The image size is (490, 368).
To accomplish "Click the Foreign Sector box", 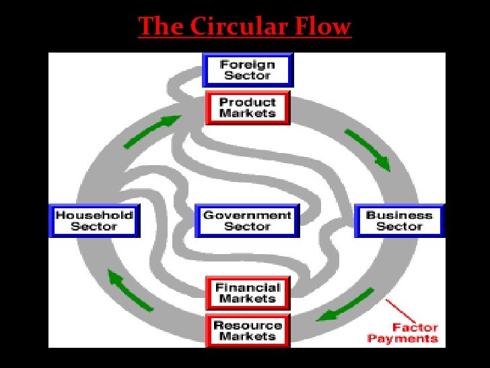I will click(247, 70).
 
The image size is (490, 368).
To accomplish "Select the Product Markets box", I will click(247, 108).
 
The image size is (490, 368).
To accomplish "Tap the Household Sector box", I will click(94, 220).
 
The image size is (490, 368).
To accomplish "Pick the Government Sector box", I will click(247, 220).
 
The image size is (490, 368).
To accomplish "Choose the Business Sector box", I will click(399, 220).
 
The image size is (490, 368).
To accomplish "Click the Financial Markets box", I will click(247, 293).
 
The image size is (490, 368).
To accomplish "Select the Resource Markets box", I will click(247, 330).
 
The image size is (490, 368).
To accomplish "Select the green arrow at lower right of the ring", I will click(347, 304).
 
